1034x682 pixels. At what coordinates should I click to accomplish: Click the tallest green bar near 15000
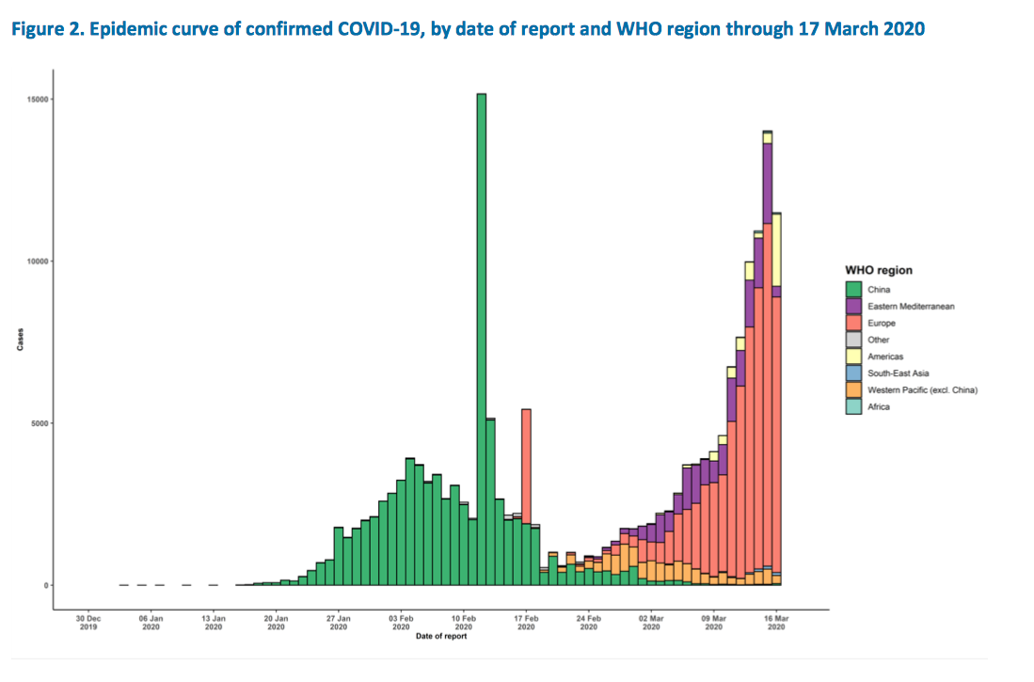pos(481,339)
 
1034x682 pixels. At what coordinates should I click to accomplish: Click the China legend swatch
pos(853,290)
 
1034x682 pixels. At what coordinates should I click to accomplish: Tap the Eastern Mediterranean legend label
pos(912,307)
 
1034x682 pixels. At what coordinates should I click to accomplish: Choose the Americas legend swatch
pos(853,357)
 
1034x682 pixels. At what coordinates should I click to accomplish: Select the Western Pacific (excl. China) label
pos(923,390)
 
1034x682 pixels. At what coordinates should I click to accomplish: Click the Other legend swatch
pos(853,340)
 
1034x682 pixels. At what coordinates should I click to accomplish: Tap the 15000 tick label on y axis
pos(38,99)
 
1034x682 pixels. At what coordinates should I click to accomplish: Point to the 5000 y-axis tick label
pos(40,423)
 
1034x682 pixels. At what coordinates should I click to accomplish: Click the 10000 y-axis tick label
pos(38,262)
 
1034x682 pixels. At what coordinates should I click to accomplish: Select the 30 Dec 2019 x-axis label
pos(88,623)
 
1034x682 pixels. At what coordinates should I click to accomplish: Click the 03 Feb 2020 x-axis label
pos(402,623)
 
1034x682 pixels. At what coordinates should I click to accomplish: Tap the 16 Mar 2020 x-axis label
pos(776,623)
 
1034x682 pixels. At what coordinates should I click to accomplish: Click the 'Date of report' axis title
pos(440,637)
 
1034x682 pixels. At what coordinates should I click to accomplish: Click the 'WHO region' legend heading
pos(878,270)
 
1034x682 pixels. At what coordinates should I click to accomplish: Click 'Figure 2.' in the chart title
pos(44,29)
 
